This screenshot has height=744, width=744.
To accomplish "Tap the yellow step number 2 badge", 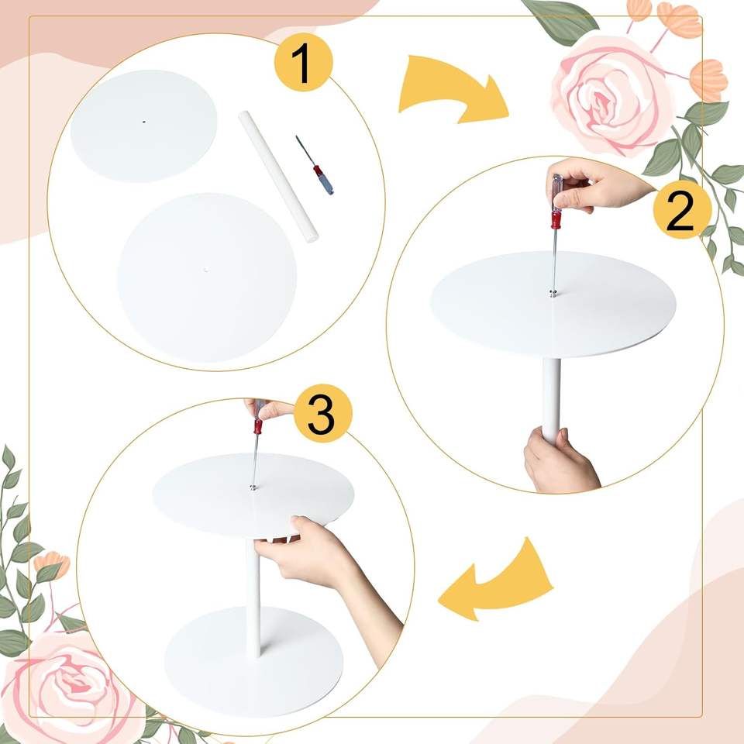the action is (682, 210).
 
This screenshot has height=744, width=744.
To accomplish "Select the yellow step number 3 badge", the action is (323, 413).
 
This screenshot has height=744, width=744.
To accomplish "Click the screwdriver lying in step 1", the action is (315, 165).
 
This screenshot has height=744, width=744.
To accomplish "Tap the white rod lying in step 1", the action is (278, 177).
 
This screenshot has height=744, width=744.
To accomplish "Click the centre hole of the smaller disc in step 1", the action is (144, 122).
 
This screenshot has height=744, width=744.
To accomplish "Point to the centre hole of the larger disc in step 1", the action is (206, 270).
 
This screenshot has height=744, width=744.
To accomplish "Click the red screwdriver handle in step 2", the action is (556, 220).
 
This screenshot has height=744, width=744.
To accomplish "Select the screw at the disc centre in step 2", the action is (552, 293).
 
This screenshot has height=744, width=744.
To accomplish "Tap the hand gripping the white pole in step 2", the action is (559, 460).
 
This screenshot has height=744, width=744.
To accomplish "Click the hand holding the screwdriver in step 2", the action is (598, 185).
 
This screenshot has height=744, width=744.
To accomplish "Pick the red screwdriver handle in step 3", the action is (258, 426).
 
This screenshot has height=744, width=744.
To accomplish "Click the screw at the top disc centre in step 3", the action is (253, 487).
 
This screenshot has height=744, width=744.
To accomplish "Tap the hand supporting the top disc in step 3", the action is (327, 570).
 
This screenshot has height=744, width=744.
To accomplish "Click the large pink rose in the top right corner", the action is (612, 95).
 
